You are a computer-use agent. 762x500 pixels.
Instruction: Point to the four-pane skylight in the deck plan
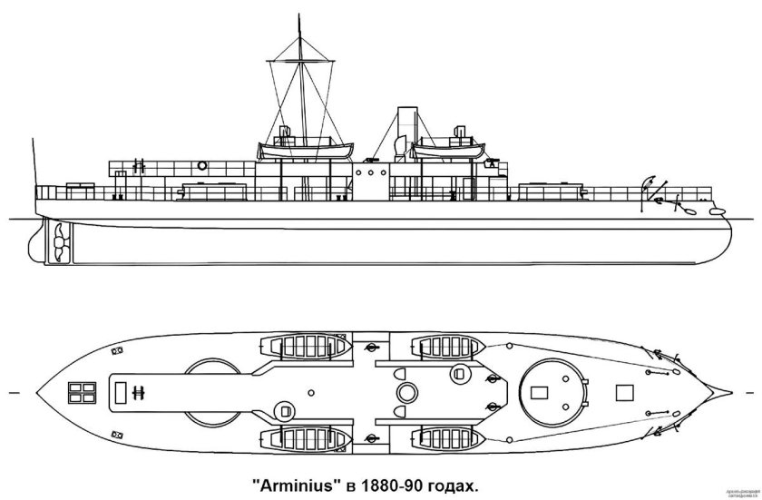point(83,392)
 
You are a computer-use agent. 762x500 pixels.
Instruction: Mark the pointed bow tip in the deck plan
point(731,392)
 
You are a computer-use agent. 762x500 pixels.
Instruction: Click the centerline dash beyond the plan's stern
point(11,393)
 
